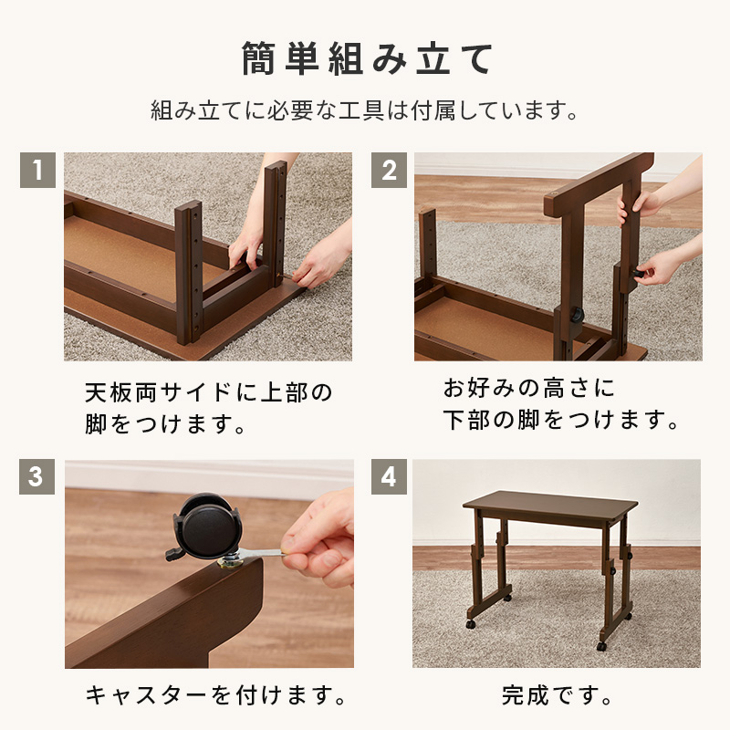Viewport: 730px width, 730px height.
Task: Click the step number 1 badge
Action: (x=37, y=170)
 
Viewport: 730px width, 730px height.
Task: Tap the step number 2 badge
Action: (x=389, y=170)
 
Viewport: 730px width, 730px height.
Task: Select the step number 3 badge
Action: (x=36, y=476)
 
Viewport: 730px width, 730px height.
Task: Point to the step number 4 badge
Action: (x=389, y=476)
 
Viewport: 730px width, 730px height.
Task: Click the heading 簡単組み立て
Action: (x=368, y=58)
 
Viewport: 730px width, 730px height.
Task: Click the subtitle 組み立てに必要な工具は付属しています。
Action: (x=365, y=110)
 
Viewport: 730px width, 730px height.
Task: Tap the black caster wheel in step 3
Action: (x=206, y=527)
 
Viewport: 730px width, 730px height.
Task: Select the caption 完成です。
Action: (x=558, y=696)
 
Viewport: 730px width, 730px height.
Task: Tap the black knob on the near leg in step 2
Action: (x=578, y=316)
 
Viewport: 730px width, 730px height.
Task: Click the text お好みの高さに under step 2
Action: (x=529, y=388)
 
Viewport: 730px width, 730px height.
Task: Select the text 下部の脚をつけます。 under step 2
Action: (x=561, y=420)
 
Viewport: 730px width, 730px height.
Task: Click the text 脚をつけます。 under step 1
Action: (x=165, y=424)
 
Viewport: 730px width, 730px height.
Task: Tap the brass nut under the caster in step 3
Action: (x=231, y=564)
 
